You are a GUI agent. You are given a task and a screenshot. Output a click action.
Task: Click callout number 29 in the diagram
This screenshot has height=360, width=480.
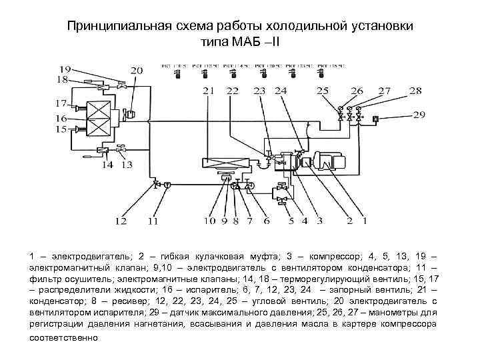pos(419,115)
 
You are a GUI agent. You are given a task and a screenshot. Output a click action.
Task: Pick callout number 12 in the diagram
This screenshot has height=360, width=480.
pos(120,221)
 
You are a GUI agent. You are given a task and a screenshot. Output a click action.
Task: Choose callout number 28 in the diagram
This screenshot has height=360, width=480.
pos(415,91)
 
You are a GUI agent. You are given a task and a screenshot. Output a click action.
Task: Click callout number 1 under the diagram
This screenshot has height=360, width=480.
pos(364,221)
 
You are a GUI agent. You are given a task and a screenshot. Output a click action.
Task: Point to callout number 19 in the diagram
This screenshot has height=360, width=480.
pos(65,69)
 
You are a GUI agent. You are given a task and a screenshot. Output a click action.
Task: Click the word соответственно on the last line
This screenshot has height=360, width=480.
pos(63,337)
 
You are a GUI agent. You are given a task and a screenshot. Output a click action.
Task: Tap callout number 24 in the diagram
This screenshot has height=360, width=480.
pos(281,91)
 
